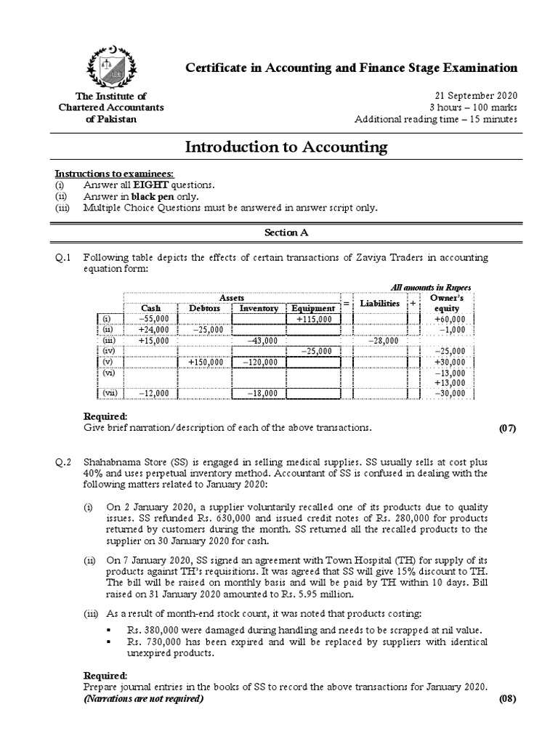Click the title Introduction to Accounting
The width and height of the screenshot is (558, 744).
point(286,147)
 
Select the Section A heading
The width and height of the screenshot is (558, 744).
point(286,231)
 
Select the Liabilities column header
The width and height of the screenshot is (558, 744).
point(380,303)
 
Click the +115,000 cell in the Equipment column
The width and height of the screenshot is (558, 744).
point(313,318)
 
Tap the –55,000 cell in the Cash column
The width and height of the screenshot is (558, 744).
point(152,318)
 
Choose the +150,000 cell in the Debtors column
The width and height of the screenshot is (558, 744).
point(205,362)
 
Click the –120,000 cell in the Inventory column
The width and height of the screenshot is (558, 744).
point(259,362)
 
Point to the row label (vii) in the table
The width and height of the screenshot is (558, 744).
point(108,393)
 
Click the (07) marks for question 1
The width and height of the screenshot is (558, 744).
point(506,428)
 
